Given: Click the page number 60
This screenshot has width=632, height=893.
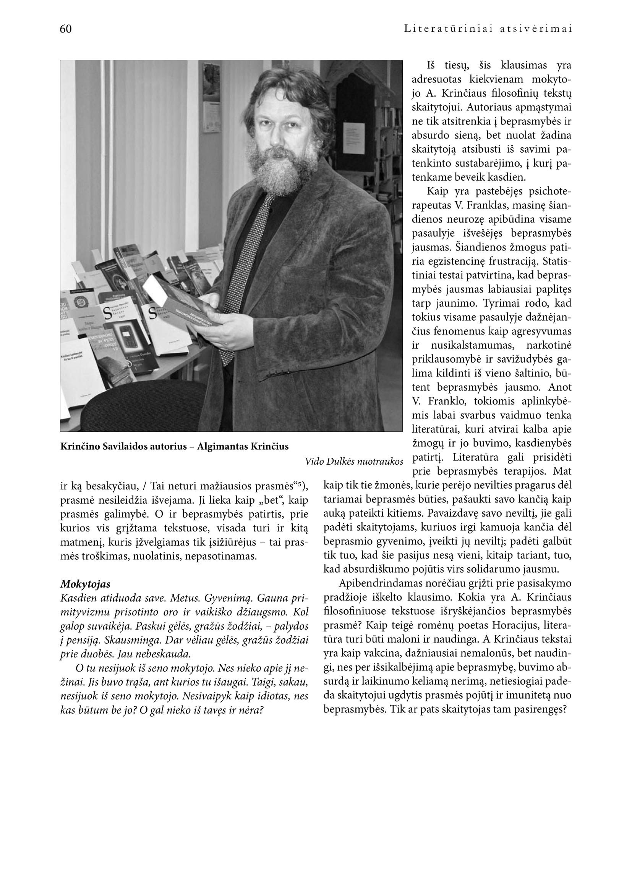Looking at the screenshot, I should tap(66, 29).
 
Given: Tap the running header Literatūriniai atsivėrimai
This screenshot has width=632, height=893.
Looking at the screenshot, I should tap(488, 29).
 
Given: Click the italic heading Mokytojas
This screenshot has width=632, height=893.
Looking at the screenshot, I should tap(85, 584).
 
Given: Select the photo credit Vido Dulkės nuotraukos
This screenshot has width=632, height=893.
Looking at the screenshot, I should tap(354, 462).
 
